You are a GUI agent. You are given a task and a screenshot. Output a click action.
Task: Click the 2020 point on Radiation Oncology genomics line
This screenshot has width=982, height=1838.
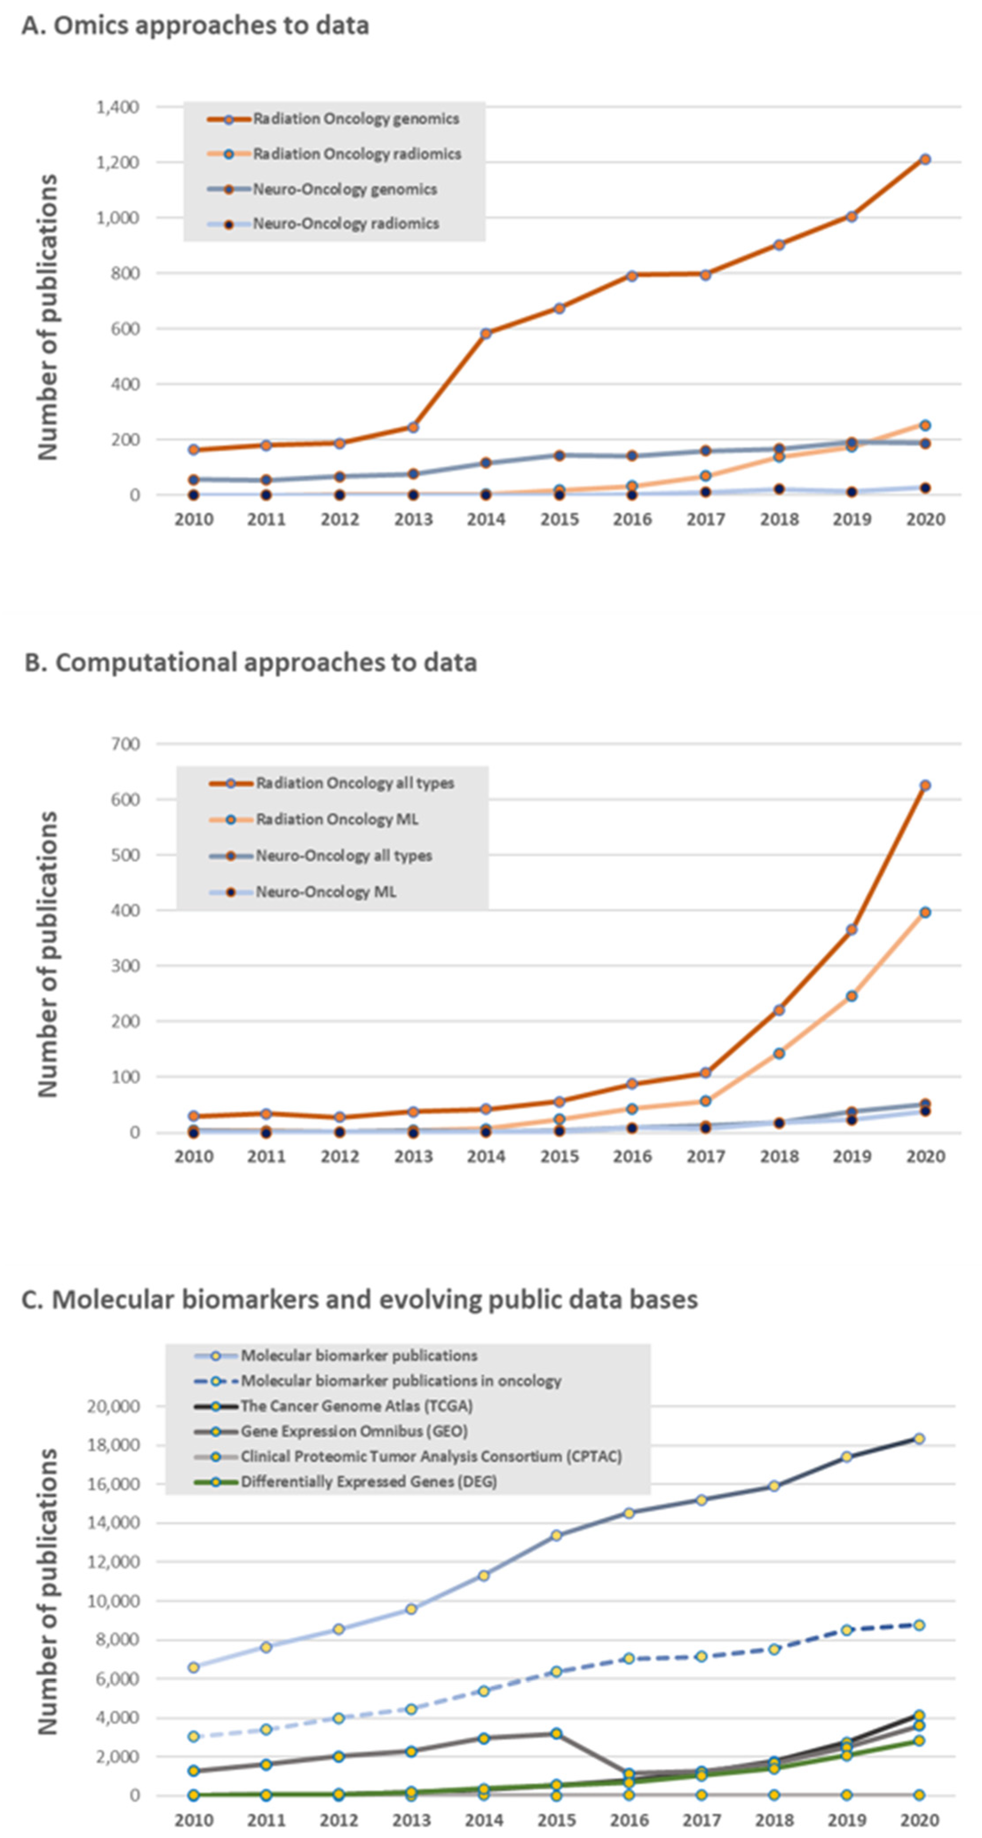925,159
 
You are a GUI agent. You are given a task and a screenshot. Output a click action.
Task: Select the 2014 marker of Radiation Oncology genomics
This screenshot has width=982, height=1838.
486,333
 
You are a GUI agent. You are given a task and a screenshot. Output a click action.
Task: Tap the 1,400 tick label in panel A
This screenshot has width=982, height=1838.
118,107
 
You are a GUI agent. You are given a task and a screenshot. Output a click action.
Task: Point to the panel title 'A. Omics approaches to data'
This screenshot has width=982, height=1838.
195,26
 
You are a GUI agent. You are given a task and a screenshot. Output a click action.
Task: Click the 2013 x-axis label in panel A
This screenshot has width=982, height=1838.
413,520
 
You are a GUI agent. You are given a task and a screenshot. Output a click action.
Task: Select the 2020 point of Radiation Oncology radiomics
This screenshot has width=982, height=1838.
925,425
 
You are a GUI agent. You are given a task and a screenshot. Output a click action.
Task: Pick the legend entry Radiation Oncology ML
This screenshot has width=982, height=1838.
337,819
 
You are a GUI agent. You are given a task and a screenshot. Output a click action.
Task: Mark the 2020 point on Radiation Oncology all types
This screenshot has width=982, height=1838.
925,785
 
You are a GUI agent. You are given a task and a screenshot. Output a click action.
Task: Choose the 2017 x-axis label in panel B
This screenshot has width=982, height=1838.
705,1156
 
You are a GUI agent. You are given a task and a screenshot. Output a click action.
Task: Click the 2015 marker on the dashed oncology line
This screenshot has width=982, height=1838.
556,1672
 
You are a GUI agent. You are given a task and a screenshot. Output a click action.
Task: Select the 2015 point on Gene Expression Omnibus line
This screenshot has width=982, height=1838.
556,1734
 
